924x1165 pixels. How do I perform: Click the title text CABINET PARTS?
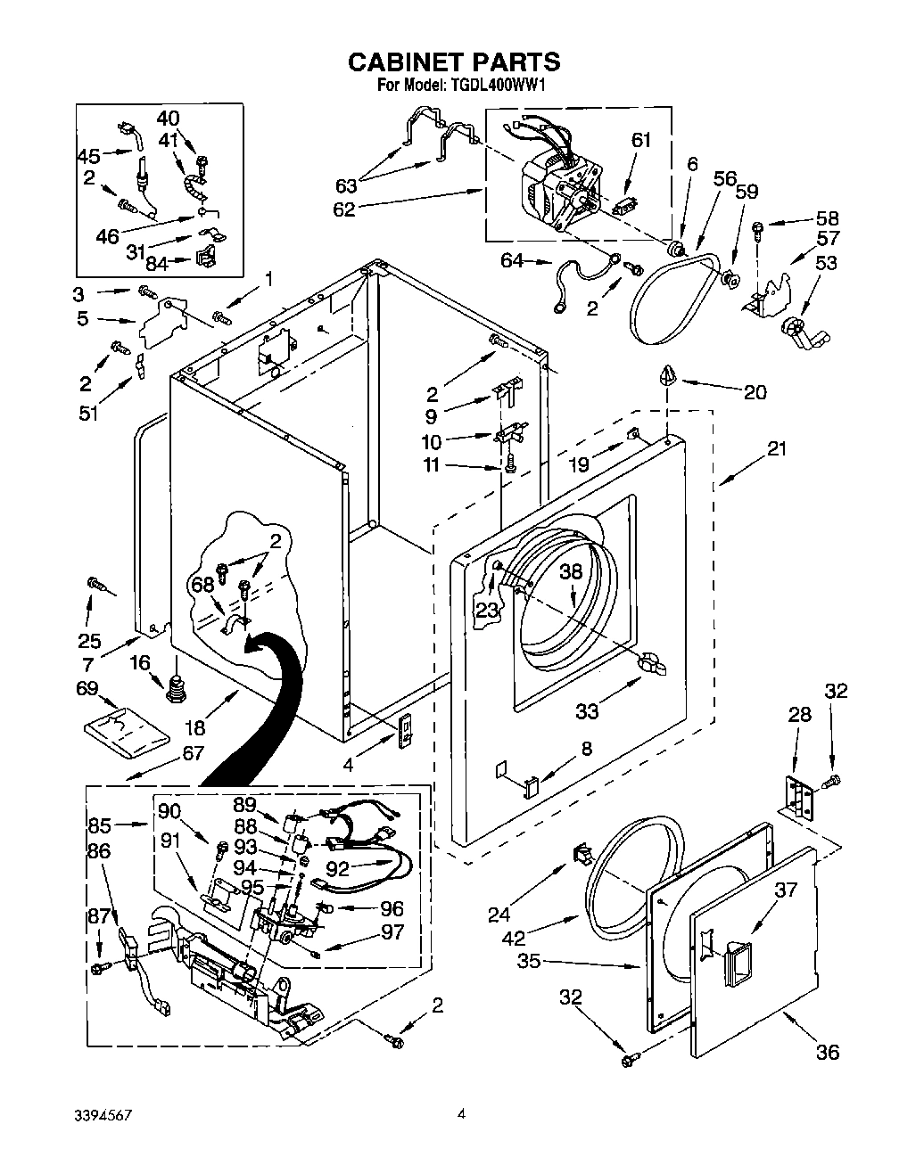click(x=453, y=62)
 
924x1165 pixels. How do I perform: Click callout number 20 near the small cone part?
click(x=755, y=392)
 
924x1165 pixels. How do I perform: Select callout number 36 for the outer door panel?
click(x=828, y=1052)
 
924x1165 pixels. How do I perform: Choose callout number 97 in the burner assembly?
click(x=392, y=932)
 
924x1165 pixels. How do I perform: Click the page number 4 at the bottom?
click(x=462, y=1113)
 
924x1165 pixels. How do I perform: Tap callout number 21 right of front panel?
click(x=778, y=449)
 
